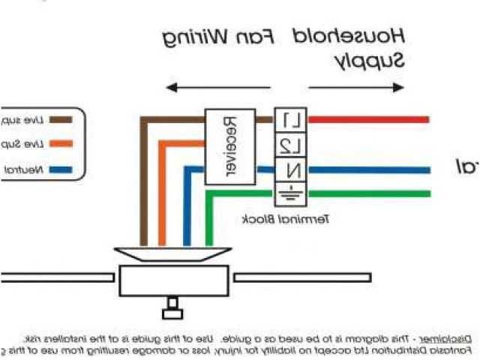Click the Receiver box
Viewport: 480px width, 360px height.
coord(229,146)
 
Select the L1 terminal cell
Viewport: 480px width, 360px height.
coord(293,119)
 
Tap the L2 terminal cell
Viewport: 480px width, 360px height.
coord(293,143)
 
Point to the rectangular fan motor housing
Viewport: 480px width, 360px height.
coord(173,281)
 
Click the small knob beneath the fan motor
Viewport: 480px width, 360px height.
coord(173,305)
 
